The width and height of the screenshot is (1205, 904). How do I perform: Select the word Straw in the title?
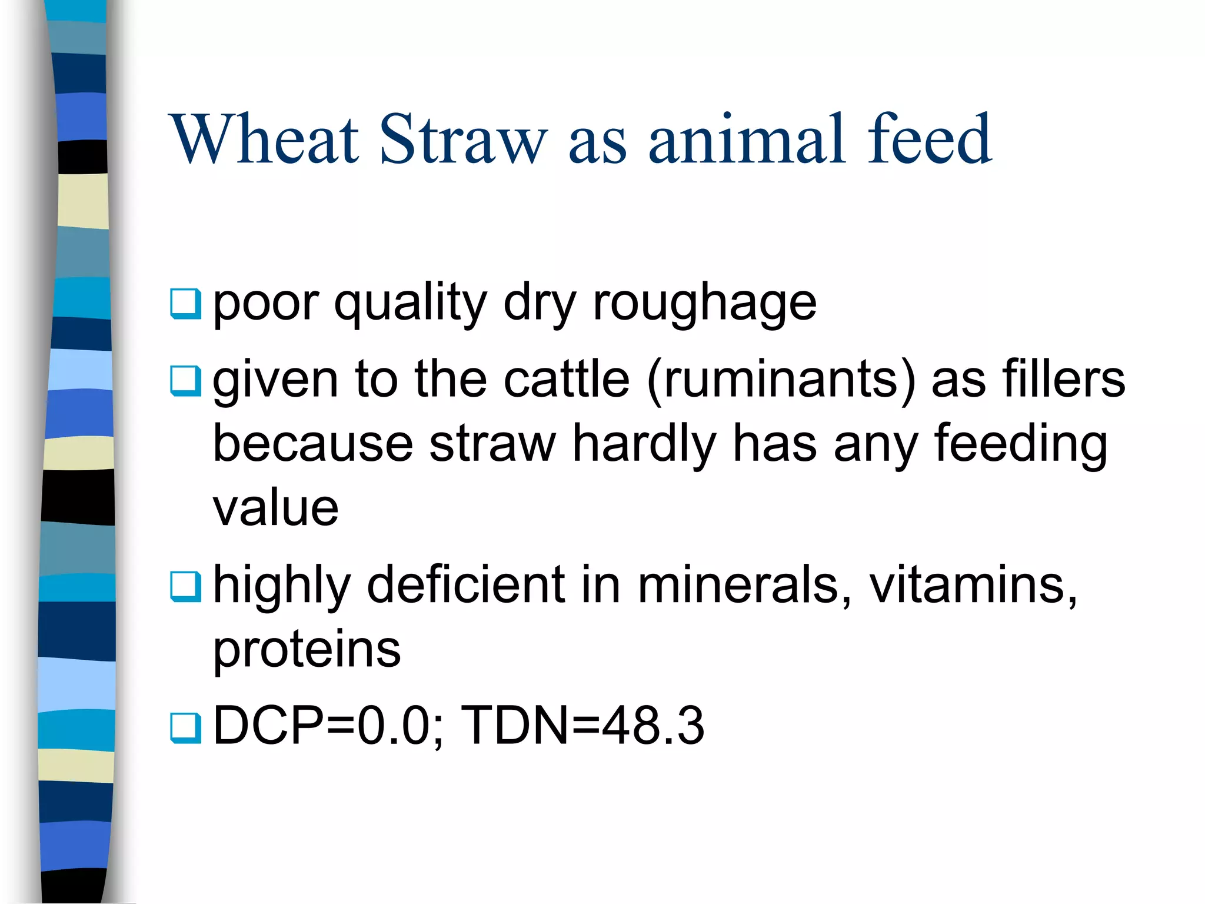[463, 139]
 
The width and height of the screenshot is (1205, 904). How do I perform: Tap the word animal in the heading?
[747, 139]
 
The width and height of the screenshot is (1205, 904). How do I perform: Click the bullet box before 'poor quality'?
[185, 304]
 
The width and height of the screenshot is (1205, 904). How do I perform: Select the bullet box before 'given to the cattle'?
[185, 381]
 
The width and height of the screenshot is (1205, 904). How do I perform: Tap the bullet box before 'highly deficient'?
[185, 586]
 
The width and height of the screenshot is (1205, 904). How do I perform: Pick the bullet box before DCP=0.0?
[185, 727]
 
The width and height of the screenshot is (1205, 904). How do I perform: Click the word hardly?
[644, 444]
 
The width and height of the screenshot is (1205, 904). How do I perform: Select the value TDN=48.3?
[582, 726]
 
